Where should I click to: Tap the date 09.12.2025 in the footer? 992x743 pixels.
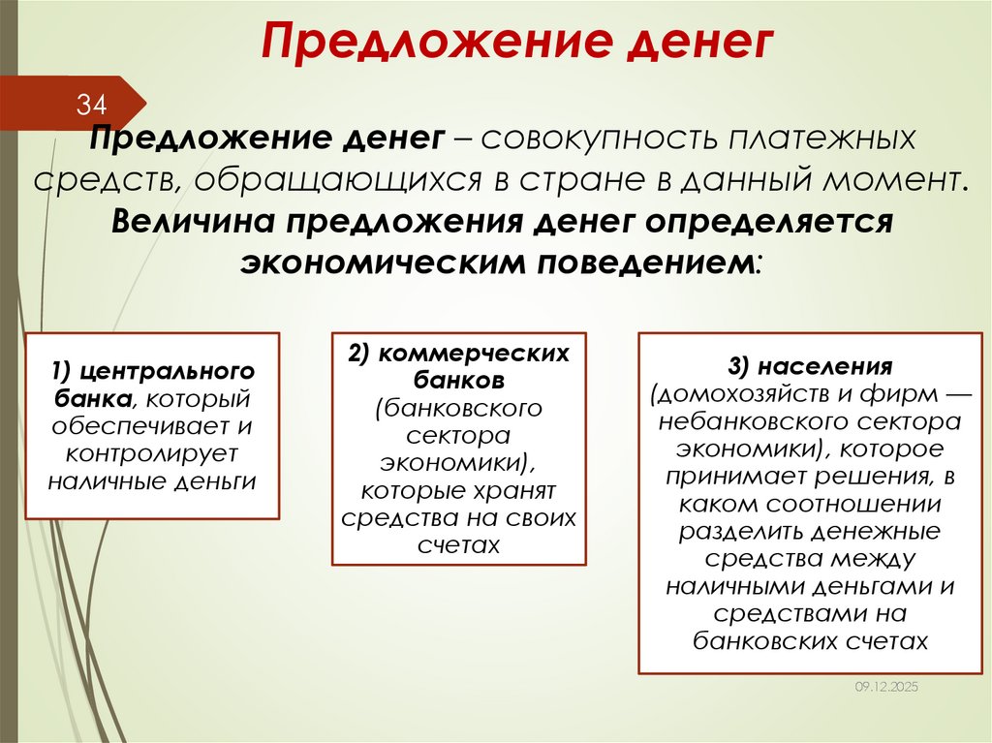click(x=885, y=686)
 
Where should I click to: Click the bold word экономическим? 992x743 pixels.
click(x=379, y=261)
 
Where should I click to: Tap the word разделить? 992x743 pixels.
click(x=741, y=531)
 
